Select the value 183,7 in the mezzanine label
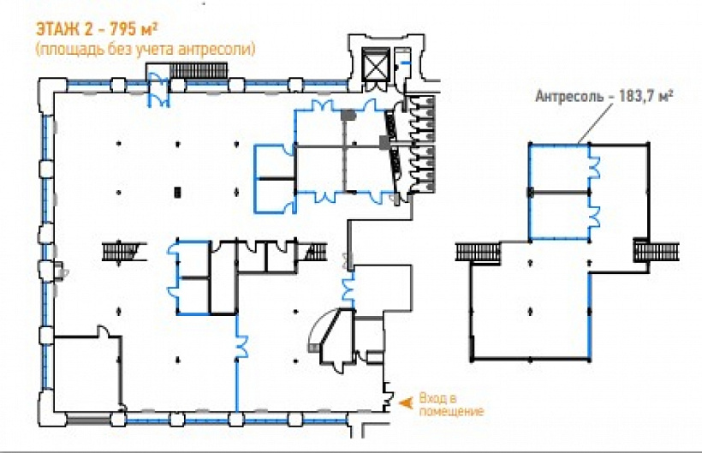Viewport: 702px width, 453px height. pos(636,96)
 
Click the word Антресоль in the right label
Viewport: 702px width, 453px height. pos(569,96)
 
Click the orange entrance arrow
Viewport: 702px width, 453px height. pos(406,402)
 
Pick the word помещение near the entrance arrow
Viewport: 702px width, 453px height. pos(451,411)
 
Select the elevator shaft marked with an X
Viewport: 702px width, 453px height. pos(374,63)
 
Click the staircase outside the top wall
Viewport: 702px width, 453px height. pos(198,71)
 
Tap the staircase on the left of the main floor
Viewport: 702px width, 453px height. pos(119,251)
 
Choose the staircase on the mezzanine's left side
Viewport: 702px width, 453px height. pos(479,252)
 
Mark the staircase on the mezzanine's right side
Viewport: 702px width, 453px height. pos(657,251)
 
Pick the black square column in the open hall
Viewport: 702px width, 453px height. pos(178,193)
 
